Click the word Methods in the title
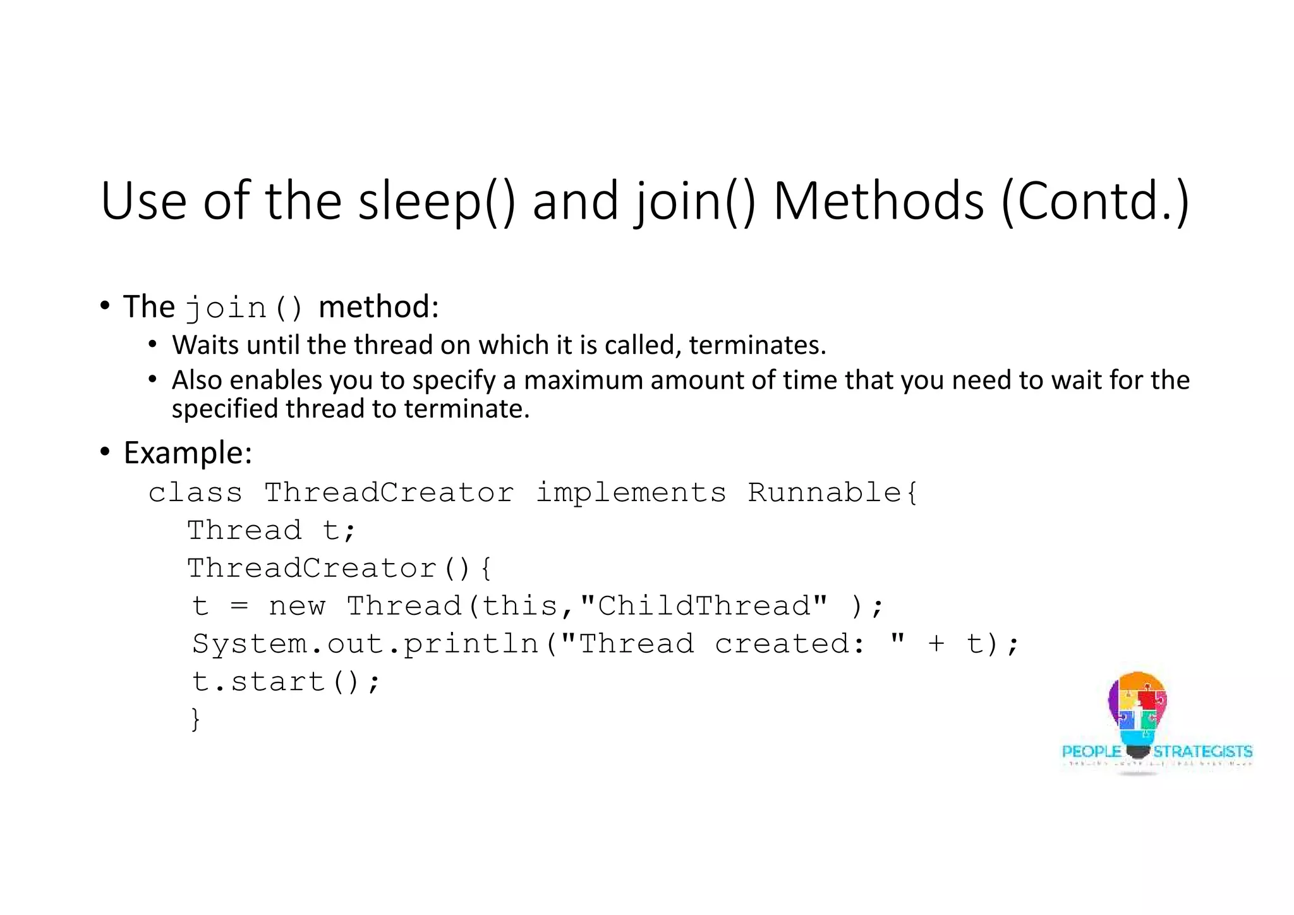pos(878,201)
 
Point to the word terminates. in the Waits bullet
pos(758,345)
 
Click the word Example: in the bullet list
pos(188,452)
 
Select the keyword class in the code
pos(195,492)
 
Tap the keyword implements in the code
pos(631,492)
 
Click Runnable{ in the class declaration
pos(832,492)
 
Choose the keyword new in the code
pos(297,606)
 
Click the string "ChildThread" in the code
pos(703,606)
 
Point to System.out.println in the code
pos(365,644)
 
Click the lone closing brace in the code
pos(196,719)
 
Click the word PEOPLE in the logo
pos(1092,751)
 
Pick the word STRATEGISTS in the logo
pos(1202,751)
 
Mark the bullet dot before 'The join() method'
pos(105,306)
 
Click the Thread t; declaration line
pos(272,530)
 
